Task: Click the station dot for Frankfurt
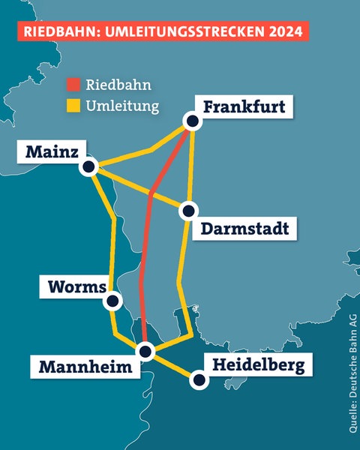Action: coord(193,121)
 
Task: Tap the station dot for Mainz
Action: coord(90,166)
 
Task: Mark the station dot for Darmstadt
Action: coord(188,211)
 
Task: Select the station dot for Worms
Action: coord(113,301)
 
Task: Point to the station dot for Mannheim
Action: coord(146,350)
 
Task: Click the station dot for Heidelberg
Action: coord(199,380)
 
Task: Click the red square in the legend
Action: coord(73,84)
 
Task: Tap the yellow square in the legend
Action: coord(73,106)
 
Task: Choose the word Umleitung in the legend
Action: coord(123,106)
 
